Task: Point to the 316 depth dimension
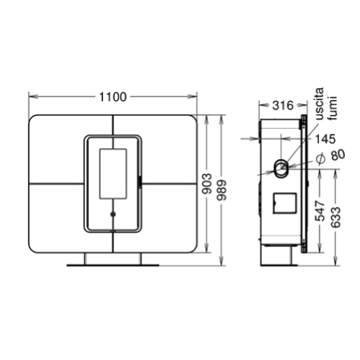[x=284, y=106]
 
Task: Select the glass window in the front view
[x=112, y=174]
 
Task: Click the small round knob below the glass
[x=112, y=214]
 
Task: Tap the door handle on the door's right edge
[x=139, y=181]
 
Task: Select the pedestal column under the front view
[x=112, y=258]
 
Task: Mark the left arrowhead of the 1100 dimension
[x=30, y=96]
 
